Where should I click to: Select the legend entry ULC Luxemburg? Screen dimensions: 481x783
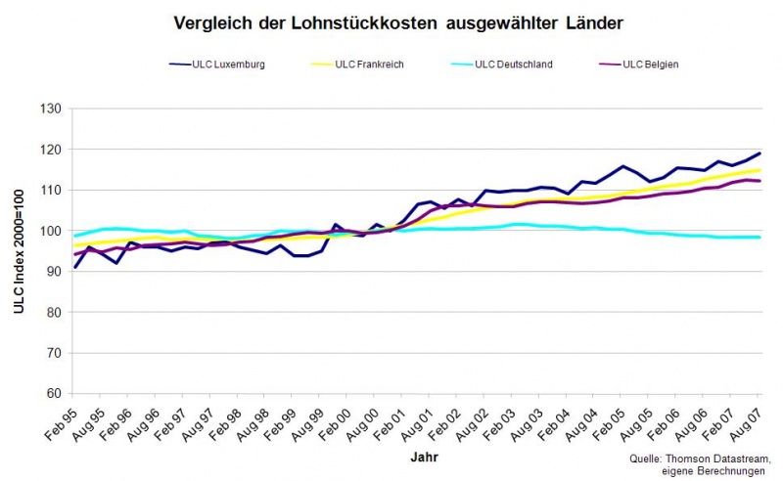[228, 65]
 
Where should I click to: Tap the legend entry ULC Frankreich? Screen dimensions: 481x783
[369, 65]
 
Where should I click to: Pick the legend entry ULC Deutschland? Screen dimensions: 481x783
[513, 65]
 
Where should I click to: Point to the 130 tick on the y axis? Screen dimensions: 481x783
[48, 109]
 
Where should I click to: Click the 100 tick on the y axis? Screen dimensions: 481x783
[48, 231]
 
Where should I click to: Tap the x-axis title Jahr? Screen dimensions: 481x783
[418, 457]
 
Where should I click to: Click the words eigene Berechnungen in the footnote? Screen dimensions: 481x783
[712, 471]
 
